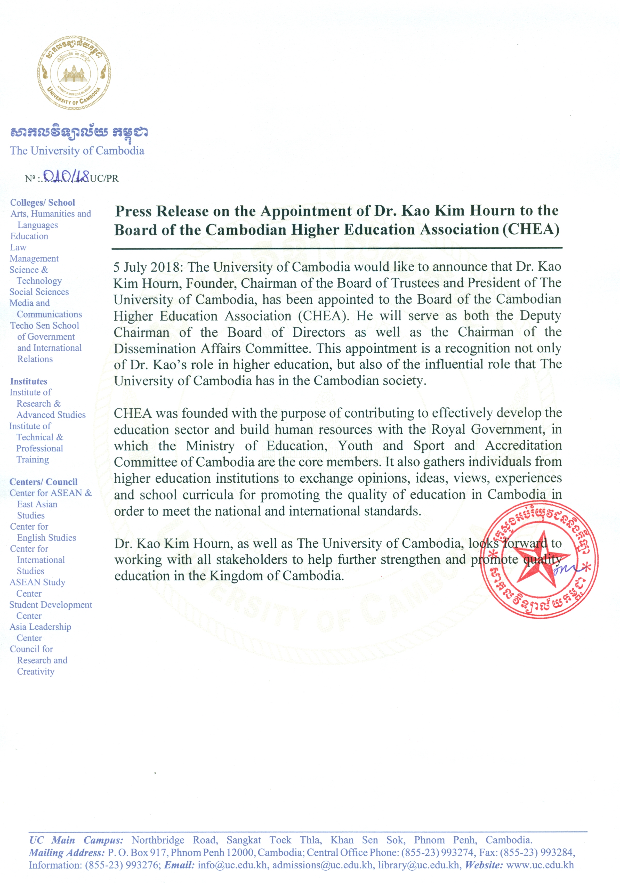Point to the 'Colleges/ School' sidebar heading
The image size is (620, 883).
tap(42, 203)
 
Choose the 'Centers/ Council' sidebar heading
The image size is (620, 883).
tap(43, 482)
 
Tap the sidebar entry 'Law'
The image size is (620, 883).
tap(18, 247)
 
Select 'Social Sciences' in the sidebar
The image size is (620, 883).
tap(39, 292)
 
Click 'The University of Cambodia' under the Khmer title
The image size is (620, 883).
tap(77, 151)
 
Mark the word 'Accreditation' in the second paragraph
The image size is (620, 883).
tap(523, 445)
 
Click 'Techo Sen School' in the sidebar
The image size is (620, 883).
tap(45, 325)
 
